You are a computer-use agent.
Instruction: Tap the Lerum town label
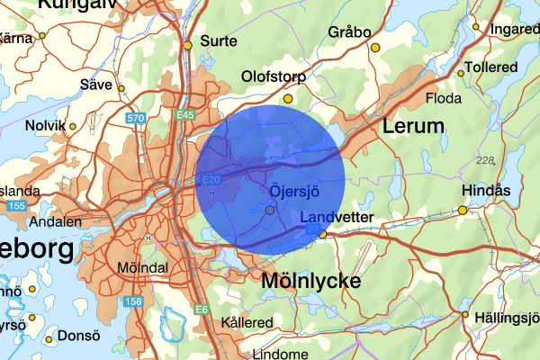(x=413, y=126)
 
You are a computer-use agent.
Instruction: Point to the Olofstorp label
(x=274, y=77)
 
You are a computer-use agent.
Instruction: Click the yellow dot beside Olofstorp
(x=288, y=98)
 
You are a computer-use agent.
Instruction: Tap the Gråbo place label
(x=350, y=32)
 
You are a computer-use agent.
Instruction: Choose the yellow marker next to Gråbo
(x=375, y=47)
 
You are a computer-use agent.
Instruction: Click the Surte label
(x=219, y=41)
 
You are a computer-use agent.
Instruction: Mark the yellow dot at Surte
(x=188, y=45)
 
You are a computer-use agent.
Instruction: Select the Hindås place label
(x=485, y=191)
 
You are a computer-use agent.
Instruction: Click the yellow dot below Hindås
(x=463, y=210)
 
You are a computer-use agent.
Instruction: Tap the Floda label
(x=444, y=96)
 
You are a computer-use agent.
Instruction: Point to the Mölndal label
(x=142, y=267)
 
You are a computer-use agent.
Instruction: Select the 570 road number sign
(x=136, y=118)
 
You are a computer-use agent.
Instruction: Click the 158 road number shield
(x=133, y=301)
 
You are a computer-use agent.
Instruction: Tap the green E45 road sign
(x=185, y=115)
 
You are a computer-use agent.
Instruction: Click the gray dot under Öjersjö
(x=270, y=210)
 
